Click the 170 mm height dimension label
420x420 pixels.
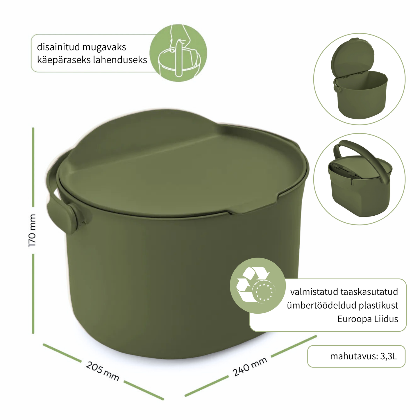tap(32, 230)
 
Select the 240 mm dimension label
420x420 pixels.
tap(250, 367)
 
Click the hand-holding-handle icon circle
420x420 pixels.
tap(178, 53)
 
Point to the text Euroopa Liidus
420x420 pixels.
tap(368, 319)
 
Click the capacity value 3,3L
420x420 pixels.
tap(389, 356)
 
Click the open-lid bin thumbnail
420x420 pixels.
tap(359, 79)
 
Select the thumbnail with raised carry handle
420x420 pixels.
tap(359, 179)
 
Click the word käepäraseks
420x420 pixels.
tap(62, 60)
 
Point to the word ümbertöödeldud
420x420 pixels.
tap(321, 305)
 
